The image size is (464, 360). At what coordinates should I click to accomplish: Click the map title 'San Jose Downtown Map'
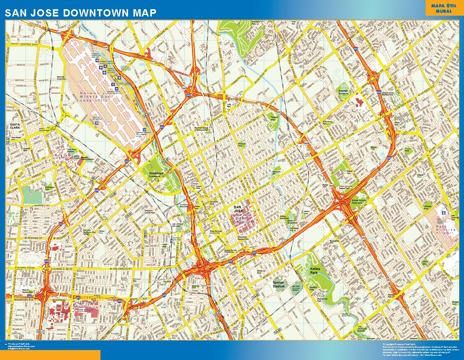pyautogui.click(x=81, y=13)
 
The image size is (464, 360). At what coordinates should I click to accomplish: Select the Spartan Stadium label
pyautogui.click(x=279, y=284)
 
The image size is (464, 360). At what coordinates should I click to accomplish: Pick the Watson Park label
pyautogui.click(x=273, y=118)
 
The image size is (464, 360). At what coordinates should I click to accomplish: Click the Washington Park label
pyautogui.click(x=50, y=188)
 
